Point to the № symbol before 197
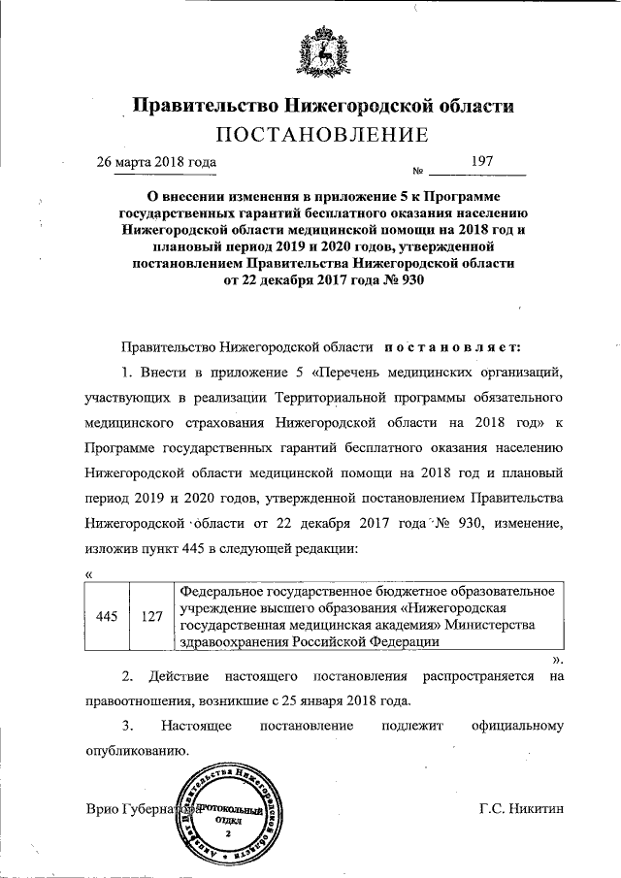419,169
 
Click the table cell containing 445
108,615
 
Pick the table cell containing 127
149,615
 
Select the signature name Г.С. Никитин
522,808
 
